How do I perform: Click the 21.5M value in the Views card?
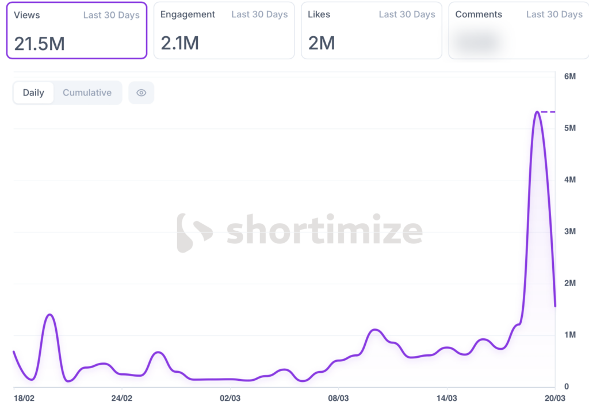pos(39,43)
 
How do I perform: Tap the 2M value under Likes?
pos(322,43)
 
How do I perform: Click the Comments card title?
pos(479,14)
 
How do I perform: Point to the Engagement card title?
pos(188,14)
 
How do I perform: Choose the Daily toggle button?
pos(33,93)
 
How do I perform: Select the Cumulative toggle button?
pos(87,93)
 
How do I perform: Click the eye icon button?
pos(141,93)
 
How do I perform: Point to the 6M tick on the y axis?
pos(569,77)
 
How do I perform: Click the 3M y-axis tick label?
pos(569,231)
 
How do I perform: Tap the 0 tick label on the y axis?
pos(567,387)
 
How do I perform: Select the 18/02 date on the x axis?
pos(24,398)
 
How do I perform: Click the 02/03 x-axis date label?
pos(230,398)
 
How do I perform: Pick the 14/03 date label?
pos(446,398)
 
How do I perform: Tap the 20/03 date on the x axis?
pos(555,398)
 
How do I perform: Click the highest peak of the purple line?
pos(537,112)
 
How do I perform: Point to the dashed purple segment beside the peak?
pos(548,112)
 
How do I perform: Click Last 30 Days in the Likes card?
pos(407,14)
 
